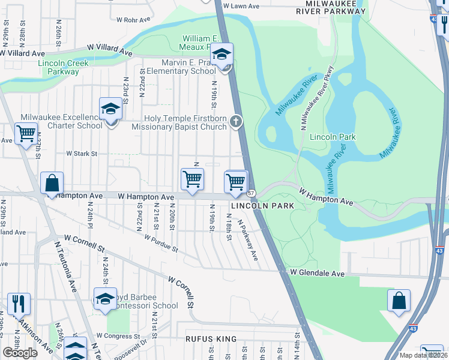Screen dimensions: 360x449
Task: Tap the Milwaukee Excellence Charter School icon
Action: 110,110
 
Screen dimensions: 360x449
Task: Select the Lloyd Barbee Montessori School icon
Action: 104,299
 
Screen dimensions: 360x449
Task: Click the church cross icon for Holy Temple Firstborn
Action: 236,123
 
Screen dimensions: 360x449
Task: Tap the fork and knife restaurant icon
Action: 19,304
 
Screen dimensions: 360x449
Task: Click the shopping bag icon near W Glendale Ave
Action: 399,302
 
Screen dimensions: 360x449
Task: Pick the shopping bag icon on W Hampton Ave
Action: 52,184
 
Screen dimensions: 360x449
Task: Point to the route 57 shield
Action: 251,192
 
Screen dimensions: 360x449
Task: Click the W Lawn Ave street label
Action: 241,5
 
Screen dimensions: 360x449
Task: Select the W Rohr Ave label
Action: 131,19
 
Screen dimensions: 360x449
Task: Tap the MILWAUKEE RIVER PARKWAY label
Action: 331,7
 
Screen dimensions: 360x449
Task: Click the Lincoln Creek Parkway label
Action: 63,67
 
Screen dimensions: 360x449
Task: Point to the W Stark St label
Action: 82,154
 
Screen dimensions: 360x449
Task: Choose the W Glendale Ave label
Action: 317,273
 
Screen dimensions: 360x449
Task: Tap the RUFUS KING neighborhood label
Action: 211,339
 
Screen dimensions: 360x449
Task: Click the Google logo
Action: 20,353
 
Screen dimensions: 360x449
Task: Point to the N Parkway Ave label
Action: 247,239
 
